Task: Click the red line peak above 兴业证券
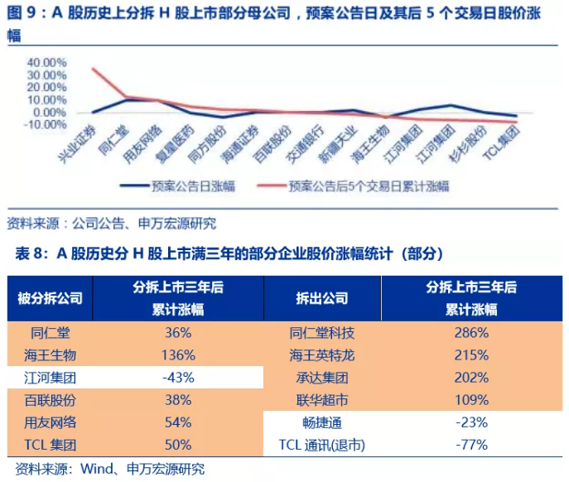click(x=93, y=68)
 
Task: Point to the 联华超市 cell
click(x=322, y=400)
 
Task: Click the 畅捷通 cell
click(x=322, y=422)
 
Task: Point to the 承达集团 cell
click(x=322, y=378)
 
